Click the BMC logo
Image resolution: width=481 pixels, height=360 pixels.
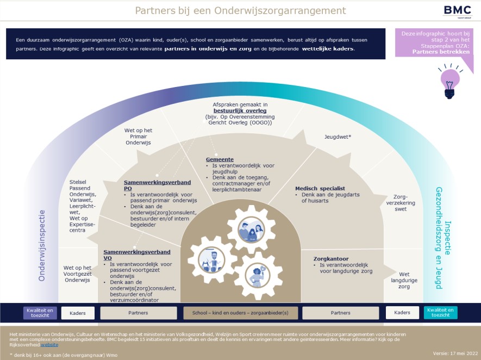coord(457,11)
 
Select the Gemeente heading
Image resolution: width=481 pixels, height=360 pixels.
coord(220,159)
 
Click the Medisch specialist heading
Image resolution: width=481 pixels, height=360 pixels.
coord(320,189)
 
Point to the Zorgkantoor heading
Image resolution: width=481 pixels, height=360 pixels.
coord(331,259)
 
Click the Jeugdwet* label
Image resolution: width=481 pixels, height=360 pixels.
coord(338,136)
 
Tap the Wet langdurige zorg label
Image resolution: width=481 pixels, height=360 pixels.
coord(404,280)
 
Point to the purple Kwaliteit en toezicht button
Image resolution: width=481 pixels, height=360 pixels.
coord(40,313)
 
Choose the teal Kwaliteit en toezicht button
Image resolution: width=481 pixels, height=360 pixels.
coord(440,313)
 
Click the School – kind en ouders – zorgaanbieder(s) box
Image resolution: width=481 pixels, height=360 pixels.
coord(240,313)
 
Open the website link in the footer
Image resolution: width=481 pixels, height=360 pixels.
coord(49,345)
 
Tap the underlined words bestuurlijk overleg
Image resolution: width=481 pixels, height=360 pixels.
coord(240,110)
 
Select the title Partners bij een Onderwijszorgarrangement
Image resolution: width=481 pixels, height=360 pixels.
coord(240,10)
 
